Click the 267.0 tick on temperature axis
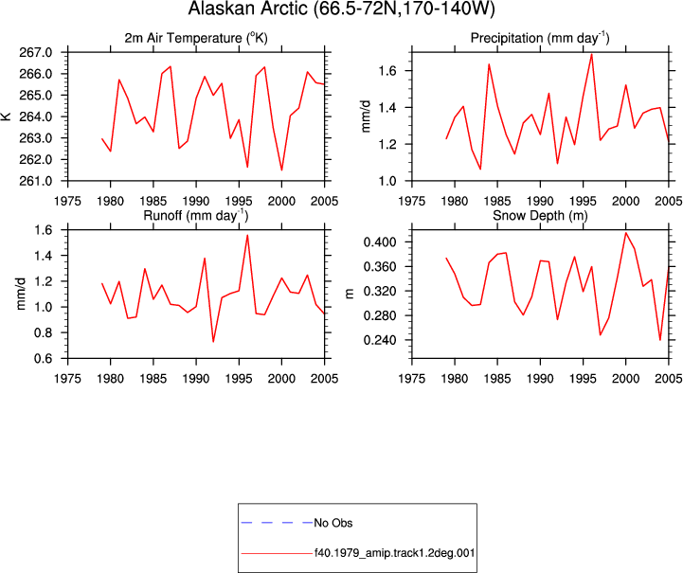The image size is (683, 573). coord(36,53)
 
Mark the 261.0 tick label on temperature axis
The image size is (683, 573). coord(36,181)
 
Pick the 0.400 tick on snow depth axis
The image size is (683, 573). coord(380,242)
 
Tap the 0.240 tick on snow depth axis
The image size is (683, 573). coord(380,340)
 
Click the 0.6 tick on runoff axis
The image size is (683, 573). coord(44,358)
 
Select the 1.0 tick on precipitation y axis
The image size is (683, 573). coord(387,181)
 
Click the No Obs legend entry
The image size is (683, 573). coord(333,523)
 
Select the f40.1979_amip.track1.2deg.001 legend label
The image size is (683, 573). coord(395,553)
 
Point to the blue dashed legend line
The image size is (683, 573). coord(277,523)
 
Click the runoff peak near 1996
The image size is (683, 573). coord(247,235)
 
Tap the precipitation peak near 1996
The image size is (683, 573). coord(591,54)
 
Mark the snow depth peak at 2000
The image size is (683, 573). coord(626,232)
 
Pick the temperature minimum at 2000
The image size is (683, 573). coord(282,170)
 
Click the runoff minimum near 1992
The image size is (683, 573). coord(213,342)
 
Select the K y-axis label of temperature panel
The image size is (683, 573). coord(7,116)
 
